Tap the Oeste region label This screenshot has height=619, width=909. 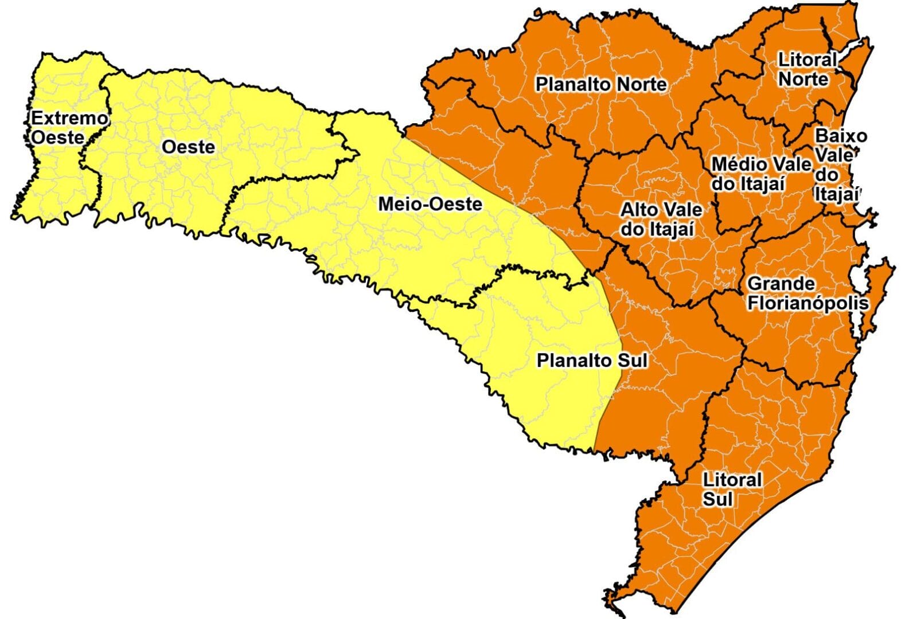188,147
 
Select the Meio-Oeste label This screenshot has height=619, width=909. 430,204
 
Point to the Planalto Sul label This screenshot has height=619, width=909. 592,361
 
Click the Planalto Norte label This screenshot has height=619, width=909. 601,84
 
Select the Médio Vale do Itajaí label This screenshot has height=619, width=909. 760,174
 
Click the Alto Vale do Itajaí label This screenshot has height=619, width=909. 661,220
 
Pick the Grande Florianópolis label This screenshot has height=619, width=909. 807,293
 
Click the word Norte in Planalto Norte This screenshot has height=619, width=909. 641,84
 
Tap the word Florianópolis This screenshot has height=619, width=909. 807,303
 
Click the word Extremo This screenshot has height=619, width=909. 69,118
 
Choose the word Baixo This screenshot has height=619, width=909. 841,136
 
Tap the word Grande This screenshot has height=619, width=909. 781,283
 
